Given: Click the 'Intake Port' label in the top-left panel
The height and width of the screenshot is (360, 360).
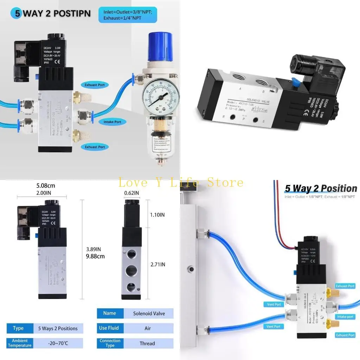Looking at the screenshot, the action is [112, 122].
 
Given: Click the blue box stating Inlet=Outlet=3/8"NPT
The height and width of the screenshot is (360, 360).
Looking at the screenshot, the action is [127, 15].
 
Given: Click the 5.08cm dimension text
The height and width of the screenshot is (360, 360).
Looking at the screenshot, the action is [46, 185].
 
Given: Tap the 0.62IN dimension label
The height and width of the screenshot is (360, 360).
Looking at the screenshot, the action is [131, 193].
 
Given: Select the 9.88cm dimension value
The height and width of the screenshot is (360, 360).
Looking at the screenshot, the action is [95, 256].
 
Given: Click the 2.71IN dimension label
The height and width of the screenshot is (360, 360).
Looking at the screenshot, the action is [157, 264].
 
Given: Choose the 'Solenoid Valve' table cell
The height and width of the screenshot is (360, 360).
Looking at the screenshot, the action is [149, 313].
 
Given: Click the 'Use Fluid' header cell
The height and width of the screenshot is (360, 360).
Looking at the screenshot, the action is [109, 328].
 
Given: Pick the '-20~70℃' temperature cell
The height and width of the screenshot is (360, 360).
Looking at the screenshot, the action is [58, 343].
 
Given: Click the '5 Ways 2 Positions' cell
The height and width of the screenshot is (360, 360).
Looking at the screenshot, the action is [58, 328].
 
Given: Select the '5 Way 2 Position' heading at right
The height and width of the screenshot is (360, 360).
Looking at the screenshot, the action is [321, 188].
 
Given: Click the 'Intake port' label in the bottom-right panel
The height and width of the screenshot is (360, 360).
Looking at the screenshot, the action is [345, 317].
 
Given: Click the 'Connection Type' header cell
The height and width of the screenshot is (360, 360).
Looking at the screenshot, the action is [110, 343].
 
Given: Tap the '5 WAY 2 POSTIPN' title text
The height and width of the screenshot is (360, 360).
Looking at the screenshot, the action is [57, 14].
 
